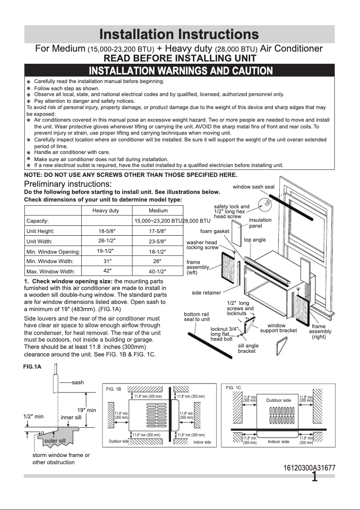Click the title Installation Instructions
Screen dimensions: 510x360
coord(179,35)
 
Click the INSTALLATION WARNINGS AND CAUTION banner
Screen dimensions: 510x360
coord(180,71)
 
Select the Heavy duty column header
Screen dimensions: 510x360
coord(105,211)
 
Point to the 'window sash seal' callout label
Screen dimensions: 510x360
coord(253,186)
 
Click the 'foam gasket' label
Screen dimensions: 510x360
coord(215,231)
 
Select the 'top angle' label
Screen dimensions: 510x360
coord(255,240)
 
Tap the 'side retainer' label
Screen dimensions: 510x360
coord(206,293)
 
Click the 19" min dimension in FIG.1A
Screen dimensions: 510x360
coord(87,410)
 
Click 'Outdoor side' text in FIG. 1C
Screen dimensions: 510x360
coord(278,400)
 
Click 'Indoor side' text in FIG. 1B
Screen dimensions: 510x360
coord(202,442)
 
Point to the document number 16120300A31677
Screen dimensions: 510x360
coord(309,468)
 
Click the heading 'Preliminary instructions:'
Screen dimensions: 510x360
coord(68,184)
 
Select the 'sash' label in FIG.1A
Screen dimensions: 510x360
coord(78,382)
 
